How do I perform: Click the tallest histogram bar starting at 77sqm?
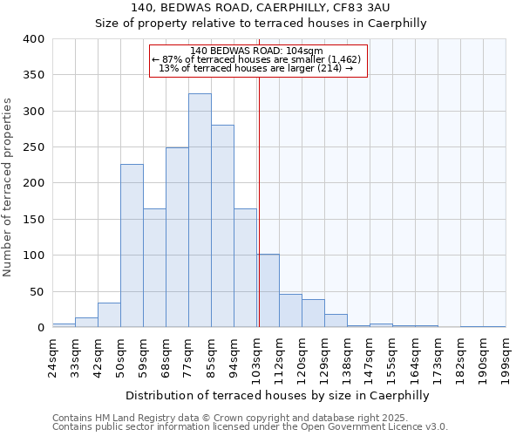200,210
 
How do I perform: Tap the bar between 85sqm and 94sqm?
222,226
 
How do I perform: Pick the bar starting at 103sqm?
268,291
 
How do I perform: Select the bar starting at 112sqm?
290,310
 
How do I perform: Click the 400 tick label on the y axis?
32,39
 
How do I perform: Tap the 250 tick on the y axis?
32,147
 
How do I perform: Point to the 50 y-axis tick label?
36,291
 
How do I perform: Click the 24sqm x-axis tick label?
58,355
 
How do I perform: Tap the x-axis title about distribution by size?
279,395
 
